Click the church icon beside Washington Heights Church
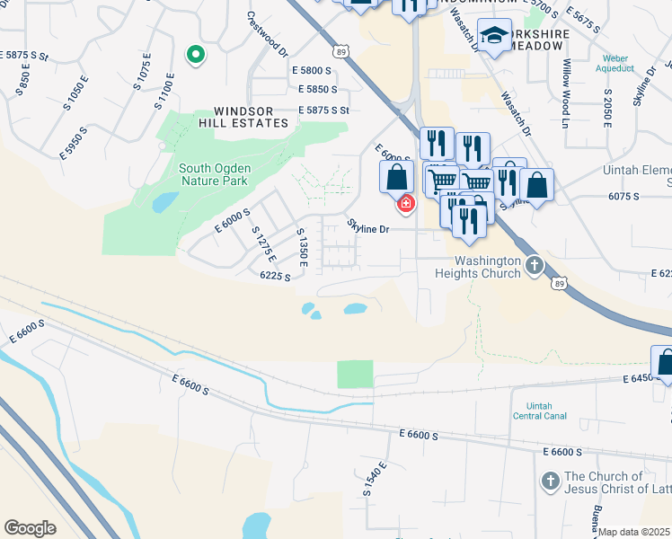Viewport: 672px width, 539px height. (x=535, y=265)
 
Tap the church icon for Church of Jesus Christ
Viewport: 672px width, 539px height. (x=550, y=482)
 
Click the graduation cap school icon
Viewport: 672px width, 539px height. (x=493, y=35)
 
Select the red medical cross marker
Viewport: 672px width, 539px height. (x=406, y=205)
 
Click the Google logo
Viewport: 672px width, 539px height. (x=30, y=527)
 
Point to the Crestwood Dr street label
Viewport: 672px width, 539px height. (x=266, y=33)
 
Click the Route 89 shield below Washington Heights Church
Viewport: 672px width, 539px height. (x=559, y=283)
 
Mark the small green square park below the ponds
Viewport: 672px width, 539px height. (x=355, y=375)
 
